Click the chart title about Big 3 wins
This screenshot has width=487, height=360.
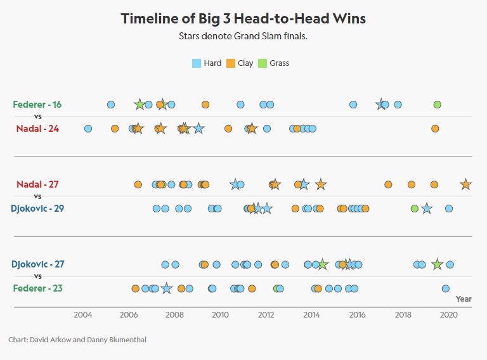click(x=243, y=18)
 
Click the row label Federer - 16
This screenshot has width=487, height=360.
click(x=37, y=105)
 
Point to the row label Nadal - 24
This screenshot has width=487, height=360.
click(x=37, y=129)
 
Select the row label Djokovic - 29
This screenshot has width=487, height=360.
click(x=37, y=209)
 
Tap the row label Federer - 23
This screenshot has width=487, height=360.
click(x=37, y=288)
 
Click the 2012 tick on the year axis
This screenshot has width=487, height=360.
click(x=266, y=315)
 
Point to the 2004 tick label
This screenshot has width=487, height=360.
click(x=83, y=315)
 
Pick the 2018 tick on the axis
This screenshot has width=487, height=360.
click(x=403, y=315)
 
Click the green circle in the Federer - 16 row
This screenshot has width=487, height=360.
click(x=437, y=105)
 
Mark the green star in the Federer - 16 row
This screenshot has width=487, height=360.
click(x=140, y=104)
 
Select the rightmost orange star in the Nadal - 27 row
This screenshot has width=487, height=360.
click(x=465, y=184)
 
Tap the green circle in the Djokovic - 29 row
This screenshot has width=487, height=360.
click(x=415, y=209)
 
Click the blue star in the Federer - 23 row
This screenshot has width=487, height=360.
click(x=166, y=288)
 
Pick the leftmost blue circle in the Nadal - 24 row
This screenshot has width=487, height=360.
click(x=88, y=129)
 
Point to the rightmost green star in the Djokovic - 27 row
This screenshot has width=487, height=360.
click(x=437, y=264)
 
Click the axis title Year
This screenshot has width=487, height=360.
click(x=464, y=299)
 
